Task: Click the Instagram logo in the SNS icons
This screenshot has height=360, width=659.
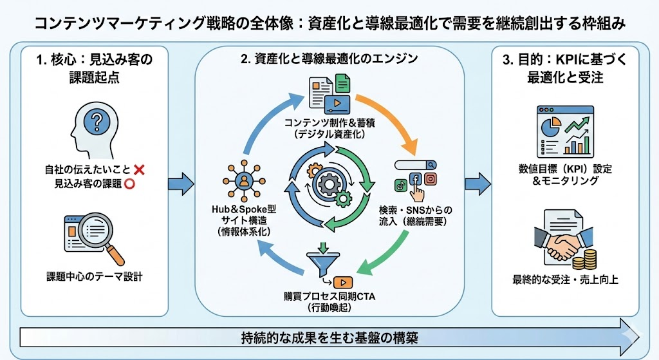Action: (431, 180)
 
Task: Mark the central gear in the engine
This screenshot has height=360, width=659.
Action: (329, 184)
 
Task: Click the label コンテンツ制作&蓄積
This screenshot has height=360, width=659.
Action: (329, 123)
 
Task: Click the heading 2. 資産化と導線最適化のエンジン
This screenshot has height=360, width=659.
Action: (329, 59)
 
